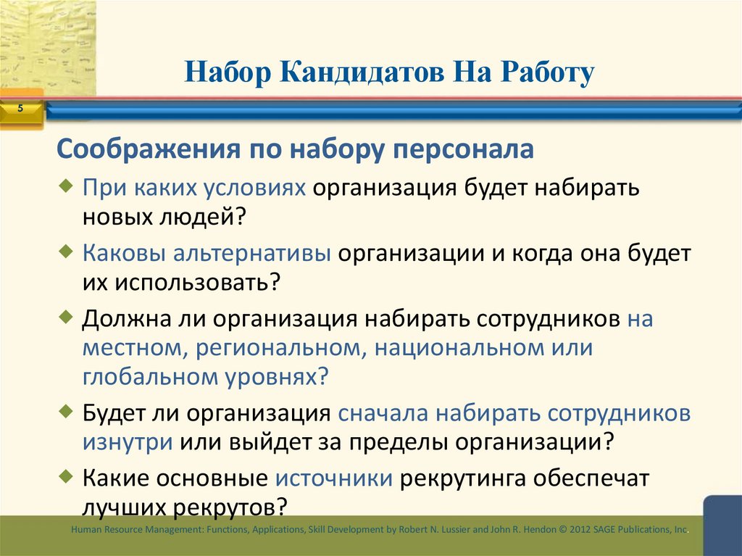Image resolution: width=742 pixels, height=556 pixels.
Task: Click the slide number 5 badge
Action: (x=20, y=109)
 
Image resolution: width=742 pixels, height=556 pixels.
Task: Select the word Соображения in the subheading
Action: (x=138, y=149)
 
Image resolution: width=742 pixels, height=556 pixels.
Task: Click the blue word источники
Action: (x=334, y=479)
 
